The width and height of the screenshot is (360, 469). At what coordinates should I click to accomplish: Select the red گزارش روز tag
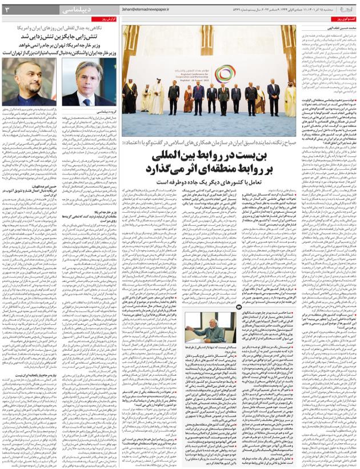pos(107,19)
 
